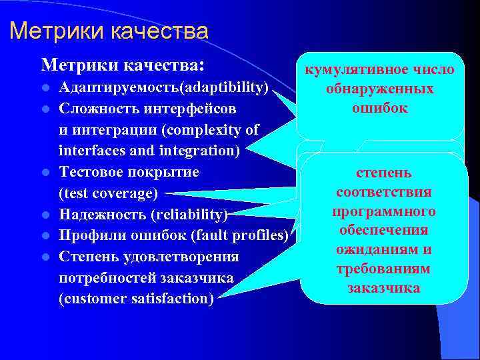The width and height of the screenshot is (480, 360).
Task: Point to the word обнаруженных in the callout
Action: [x=379, y=89]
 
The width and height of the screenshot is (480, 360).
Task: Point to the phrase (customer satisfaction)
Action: [x=137, y=299]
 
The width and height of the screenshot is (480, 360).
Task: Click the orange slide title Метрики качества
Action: [x=109, y=31]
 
